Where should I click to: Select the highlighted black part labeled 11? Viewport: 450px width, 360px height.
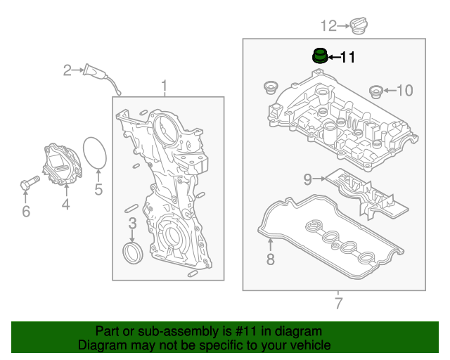tap(320, 55)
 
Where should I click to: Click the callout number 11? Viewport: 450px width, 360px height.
tap(348, 57)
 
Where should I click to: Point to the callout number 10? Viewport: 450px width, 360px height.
tap(405, 90)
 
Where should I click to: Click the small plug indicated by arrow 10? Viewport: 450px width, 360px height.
tap(375, 91)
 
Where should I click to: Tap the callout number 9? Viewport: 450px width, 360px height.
tap(307, 179)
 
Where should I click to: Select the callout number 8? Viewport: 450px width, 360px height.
tap(270, 260)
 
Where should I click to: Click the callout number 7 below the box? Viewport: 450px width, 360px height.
tap(337, 304)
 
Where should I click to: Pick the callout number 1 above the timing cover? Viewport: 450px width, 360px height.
tap(165, 86)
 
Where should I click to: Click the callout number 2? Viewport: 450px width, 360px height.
tap(67, 70)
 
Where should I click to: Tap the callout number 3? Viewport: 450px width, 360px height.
tap(131, 225)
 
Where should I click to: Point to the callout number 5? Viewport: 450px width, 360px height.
tap(98, 189)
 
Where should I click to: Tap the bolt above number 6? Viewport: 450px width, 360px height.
tap(27, 185)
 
